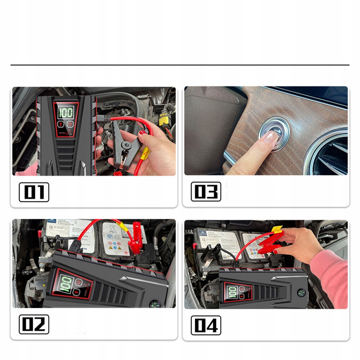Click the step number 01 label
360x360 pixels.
33,192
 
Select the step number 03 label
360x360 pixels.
206,191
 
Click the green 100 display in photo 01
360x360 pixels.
66,112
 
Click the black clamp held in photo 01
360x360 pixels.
124,144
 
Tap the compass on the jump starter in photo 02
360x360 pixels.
155,303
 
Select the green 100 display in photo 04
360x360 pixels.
232,292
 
